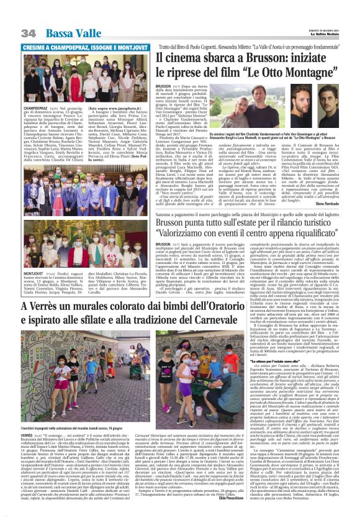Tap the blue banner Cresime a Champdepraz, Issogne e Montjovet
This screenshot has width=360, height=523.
(x=75, y=47)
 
